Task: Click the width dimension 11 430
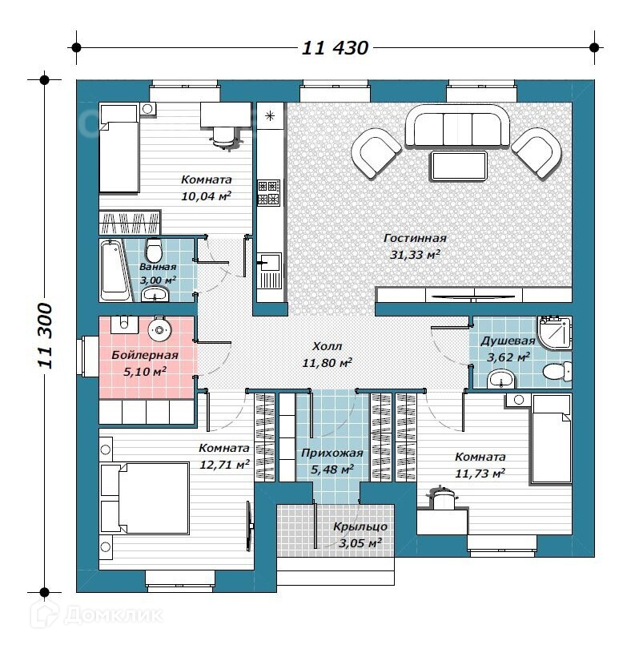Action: pos(335,48)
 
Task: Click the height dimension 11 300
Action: pos(46,336)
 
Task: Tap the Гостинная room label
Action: pos(415,238)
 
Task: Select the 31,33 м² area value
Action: pos(415,254)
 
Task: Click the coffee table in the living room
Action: pos(459,166)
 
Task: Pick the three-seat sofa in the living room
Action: pos(457,127)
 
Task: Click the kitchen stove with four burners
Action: pos(269,192)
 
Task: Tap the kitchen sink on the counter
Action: pos(269,261)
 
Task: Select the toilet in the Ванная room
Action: pos(154,249)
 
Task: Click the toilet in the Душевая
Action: pos(557,371)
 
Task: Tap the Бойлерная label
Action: pos(145,355)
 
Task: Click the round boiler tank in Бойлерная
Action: pos(159,329)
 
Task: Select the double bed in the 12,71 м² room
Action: pos(145,498)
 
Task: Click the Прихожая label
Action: pos(332,453)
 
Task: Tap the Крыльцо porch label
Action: pos(360,527)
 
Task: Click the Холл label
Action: pos(328,346)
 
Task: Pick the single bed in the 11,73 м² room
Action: pos(551,439)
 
